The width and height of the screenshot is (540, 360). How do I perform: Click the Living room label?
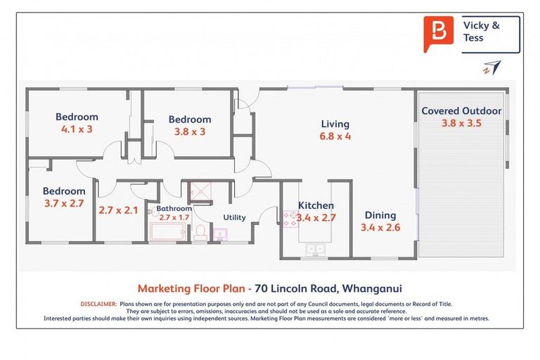[x=336, y=123]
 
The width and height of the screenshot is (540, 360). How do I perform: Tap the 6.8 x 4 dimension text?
[x=336, y=136]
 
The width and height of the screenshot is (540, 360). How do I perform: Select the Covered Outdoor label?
[x=461, y=110]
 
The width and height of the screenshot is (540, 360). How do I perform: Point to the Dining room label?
[x=379, y=215]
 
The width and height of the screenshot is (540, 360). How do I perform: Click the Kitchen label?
[x=316, y=205]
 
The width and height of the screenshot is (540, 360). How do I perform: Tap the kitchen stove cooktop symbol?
[x=290, y=219]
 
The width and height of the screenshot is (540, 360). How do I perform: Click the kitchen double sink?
[x=314, y=247]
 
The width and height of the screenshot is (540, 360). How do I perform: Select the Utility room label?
[x=234, y=217]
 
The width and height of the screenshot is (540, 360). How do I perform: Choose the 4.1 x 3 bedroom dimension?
[x=77, y=129]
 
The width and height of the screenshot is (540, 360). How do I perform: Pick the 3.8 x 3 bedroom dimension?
[x=189, y=131]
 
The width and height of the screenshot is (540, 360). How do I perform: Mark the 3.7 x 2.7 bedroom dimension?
[x=63, y=203]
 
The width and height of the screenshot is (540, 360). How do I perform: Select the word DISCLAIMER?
[x=98, y=304]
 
